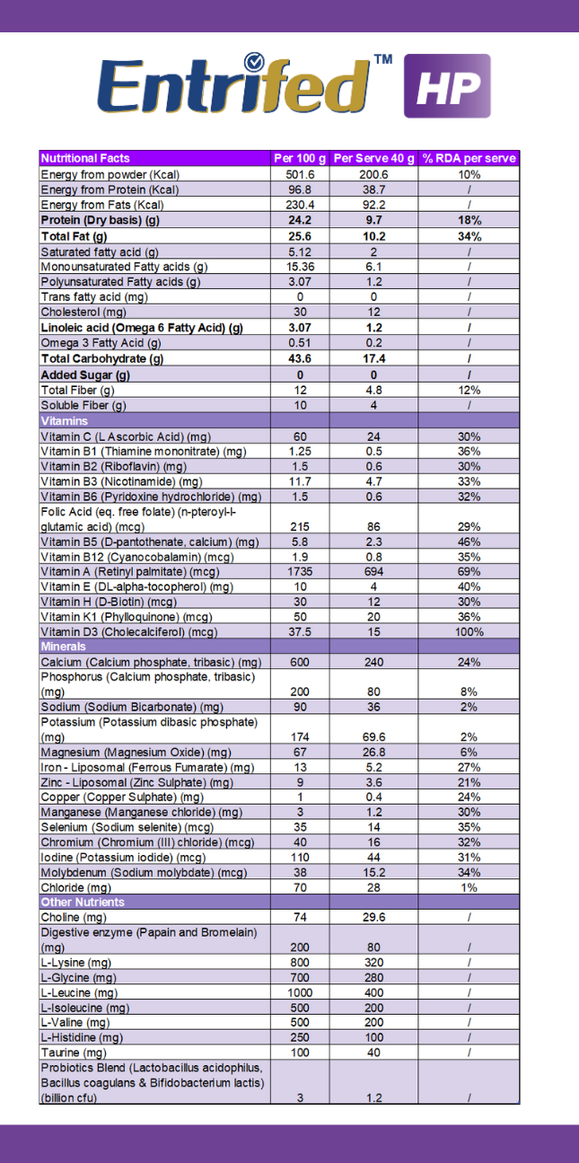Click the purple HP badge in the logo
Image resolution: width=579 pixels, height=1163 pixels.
pos(447,85)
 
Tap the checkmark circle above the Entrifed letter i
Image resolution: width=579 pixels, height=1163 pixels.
pos(254,62)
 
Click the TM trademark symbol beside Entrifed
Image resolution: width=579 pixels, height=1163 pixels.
pos(383,59)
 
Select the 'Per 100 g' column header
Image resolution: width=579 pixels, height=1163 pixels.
pos(300,158)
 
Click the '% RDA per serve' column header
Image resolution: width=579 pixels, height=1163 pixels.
pos(469,158)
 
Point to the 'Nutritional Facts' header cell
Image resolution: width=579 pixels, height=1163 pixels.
pos(85,158)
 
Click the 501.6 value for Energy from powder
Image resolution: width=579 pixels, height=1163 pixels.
pos(300,174)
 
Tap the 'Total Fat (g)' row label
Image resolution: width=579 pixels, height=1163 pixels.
pos(75,237)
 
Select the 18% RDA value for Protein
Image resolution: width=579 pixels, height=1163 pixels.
pos(469,220)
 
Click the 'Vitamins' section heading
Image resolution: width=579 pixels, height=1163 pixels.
pos(65,421)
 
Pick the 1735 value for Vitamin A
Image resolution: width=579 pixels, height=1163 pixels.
pos(300,572)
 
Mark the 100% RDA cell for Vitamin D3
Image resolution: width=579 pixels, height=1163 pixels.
pos(469,632)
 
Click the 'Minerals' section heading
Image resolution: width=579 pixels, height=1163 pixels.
pos(64,647)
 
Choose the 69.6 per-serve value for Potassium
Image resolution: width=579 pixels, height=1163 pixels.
pos(373,737)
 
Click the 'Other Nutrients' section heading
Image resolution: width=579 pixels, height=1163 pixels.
pos(83,903)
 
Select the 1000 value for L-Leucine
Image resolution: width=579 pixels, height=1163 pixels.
pos(300,992)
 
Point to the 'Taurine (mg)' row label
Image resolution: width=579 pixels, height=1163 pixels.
pos(74,1053)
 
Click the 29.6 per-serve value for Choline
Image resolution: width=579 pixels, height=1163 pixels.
pos(373,918)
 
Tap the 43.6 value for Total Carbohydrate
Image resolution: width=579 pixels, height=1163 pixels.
pos(300,358)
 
